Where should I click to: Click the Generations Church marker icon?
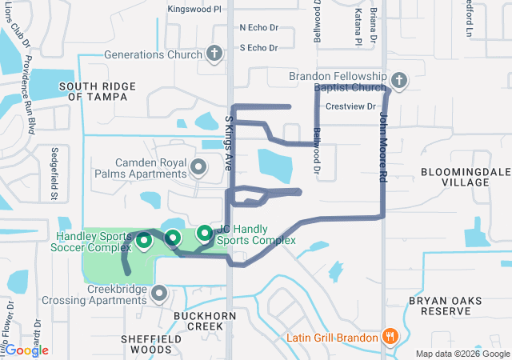point(214,54)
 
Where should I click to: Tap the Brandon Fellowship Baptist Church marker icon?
point(399,80)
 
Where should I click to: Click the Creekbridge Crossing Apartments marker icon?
point(159,294)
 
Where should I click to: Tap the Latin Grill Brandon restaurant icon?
point(390,337)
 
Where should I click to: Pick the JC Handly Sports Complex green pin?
point(205,233)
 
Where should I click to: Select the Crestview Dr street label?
point(350,106)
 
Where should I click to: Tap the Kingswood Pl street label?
point(194,10)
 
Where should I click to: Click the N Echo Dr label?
point(258,27)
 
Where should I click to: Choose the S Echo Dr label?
point(258,48)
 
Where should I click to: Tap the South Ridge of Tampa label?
point(93,90)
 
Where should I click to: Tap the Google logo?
point(26,350)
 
